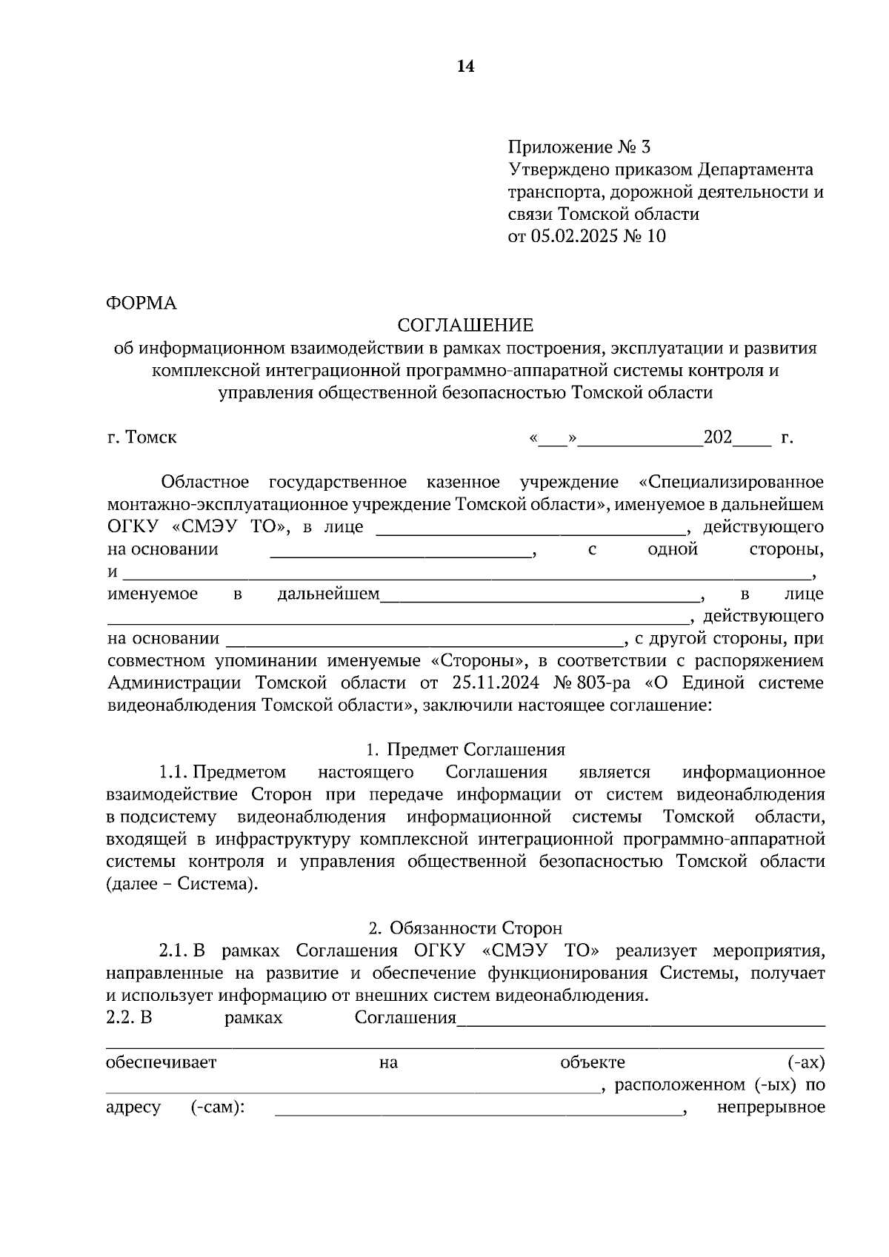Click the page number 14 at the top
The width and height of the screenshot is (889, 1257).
pos(465,67)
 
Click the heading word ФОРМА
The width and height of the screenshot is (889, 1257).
pos(141,303)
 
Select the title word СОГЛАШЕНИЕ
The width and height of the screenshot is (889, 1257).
pos(465,326)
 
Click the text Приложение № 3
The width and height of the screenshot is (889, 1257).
pos(579,147)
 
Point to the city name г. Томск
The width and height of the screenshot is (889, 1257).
pos(141,438)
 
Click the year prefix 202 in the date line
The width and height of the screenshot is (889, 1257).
pos(717,437)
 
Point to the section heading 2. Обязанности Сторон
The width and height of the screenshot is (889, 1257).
pos(465,928)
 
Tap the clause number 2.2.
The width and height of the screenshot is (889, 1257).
pos(119,1018)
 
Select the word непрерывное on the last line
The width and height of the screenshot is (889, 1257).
pos(770,1107)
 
